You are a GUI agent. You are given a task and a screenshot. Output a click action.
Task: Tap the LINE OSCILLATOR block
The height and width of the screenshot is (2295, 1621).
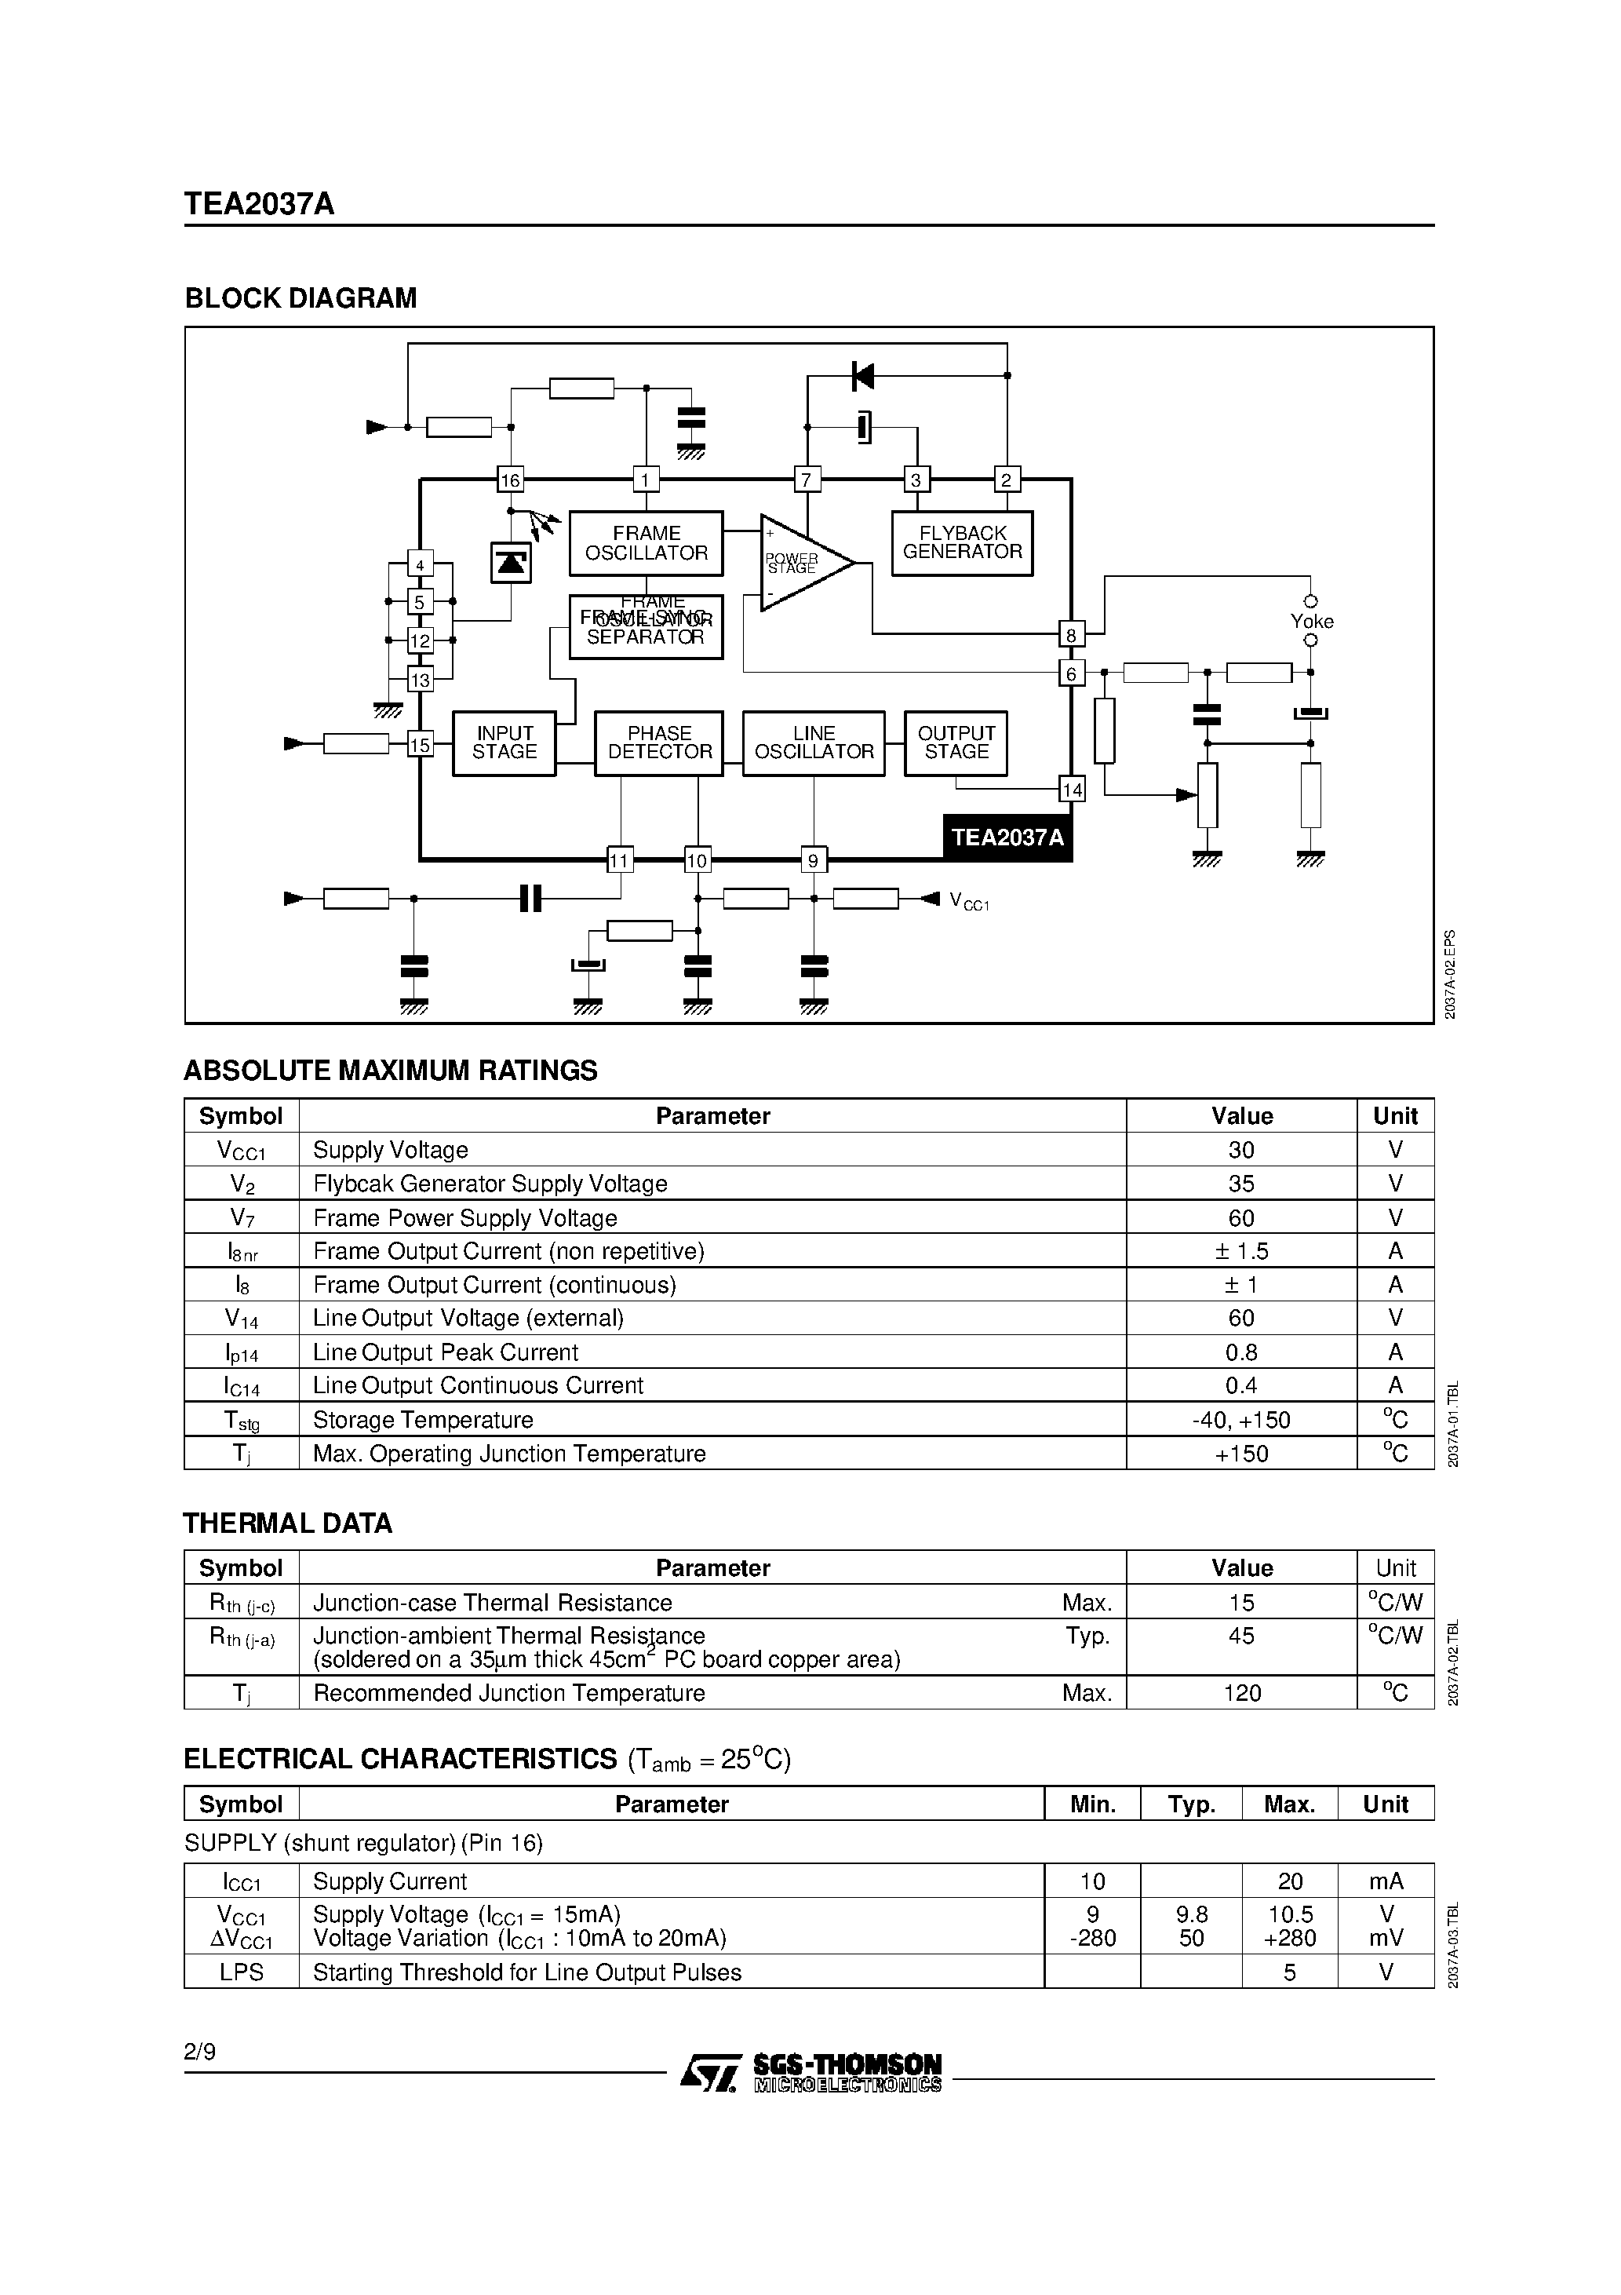[x=814, y=742]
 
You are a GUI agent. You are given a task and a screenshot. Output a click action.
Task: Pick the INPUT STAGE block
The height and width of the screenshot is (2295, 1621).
[x=504, y=742]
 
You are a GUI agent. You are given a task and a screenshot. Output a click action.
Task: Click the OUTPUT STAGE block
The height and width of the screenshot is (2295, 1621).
[x=956, y=742]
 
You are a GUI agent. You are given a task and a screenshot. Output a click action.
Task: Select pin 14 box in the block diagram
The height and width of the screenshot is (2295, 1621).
[x=1071, y=790]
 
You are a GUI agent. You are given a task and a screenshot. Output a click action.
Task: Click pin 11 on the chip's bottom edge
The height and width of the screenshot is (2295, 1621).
[x=620, y=859]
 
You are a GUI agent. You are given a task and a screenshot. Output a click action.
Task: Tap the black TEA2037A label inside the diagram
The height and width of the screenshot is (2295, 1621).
[x=1007, y=837]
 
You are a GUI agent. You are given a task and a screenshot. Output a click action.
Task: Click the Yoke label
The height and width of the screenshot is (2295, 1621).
[x=1311, y=621]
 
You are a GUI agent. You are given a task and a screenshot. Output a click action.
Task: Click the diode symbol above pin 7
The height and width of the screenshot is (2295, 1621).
[x=861, y=376]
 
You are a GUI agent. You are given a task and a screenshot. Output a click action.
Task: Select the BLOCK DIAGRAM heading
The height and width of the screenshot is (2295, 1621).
[x=301, y=298]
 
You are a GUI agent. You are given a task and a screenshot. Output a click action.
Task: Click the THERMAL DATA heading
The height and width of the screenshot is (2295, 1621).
[x=288, y=1523]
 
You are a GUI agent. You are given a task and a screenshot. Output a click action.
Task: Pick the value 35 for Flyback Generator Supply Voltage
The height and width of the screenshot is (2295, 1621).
[x=1241, y=1184]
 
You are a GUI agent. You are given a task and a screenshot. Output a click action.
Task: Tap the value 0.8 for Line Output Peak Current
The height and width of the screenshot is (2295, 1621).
[x=1241, y=1352]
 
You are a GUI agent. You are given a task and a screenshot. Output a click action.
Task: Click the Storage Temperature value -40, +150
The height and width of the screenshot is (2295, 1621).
[x=1241, y=1419]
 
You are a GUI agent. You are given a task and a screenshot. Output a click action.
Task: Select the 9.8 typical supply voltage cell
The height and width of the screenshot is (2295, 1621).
[x=1191, y=1914]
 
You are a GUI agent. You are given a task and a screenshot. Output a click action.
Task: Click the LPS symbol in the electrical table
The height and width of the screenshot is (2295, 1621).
[x=241, y=1972]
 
